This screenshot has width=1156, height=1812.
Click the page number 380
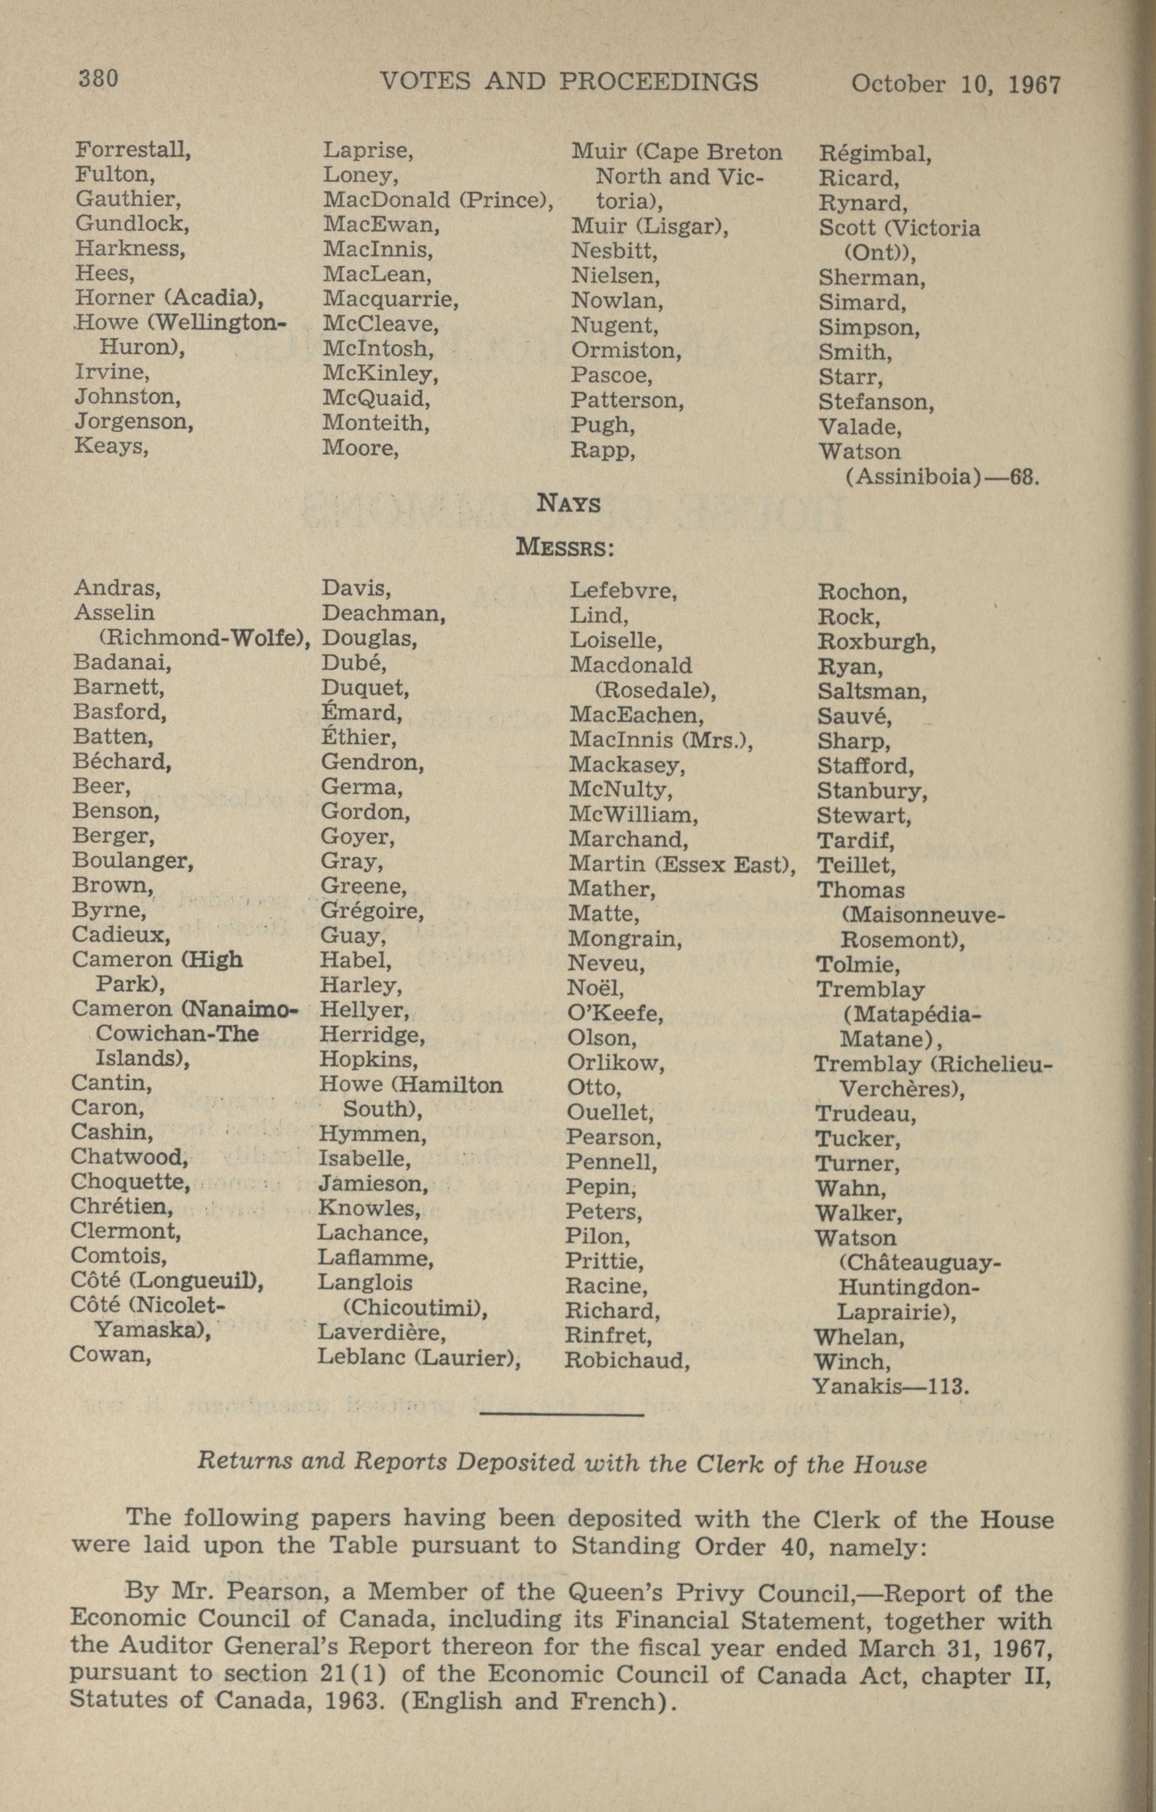click(99, 78)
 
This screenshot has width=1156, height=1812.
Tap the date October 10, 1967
click(955, 83)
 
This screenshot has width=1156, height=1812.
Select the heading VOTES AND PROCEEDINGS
click(569, 80)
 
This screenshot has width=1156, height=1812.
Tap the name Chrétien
click(121, 1206)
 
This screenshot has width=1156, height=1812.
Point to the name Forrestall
click(133, 150)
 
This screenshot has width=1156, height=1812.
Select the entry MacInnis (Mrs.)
click(661, 740)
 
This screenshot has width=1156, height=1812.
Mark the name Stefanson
click(875, 402)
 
